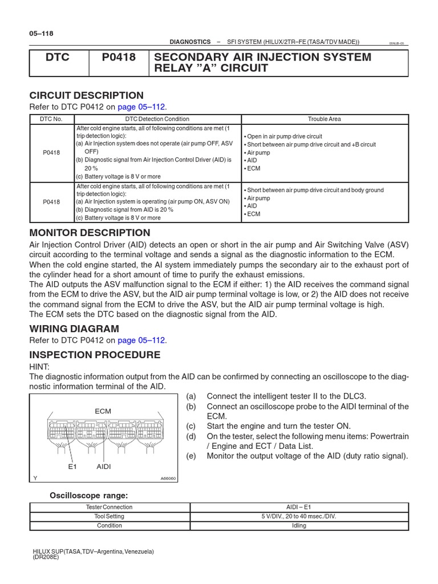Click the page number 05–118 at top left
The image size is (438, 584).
click(x=40, y=34)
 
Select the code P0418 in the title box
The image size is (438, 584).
click(x=119, y=57)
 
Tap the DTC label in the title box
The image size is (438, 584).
click(x=58, y=57)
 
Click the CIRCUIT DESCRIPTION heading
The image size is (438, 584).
click(x=86, y=95)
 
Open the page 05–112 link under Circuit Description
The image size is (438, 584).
click(x=142, y=107)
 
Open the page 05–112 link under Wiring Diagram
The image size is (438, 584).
click(x=142, y=340)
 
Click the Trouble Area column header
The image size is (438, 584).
click(x=325, y=119)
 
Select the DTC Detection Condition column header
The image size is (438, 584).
click(x=157, y=119)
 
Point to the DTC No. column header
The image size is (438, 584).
click(x=51, y=119)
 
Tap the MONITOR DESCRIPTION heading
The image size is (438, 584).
click(x=90, y=233)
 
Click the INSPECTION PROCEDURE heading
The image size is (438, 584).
click(x=95, y=355)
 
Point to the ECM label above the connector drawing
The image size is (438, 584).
click(x=103, y=411)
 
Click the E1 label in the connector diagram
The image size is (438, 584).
click(x=72, y=466)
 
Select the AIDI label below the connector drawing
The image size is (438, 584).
click(x=104, y=466)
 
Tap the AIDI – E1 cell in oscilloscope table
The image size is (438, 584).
click(x=299, y=507)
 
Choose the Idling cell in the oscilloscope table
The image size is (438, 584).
click(x=299, y=525)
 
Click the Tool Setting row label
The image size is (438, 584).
click(x=109, y=516)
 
